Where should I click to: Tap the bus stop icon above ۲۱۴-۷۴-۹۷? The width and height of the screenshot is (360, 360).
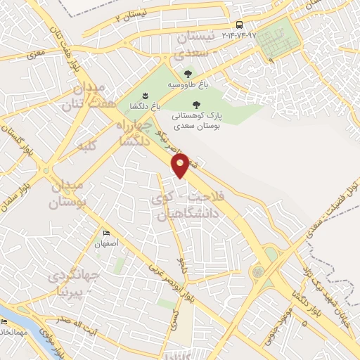pyautogui.click(x=240, y=25)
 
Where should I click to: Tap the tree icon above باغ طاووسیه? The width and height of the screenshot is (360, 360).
pyautogui.click(x=187, y=73)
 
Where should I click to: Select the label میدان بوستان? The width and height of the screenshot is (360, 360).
pyautogui.click(x=68, y=194)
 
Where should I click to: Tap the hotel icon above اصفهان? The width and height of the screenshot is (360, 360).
pyautogui.click(x=106, y=233)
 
